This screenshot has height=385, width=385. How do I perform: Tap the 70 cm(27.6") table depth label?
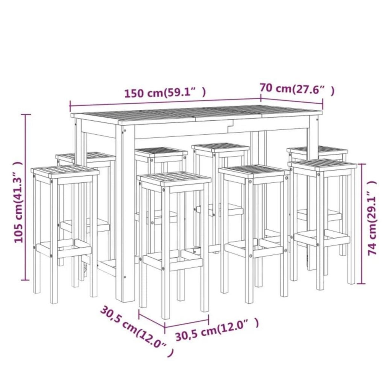[x=297, y=89]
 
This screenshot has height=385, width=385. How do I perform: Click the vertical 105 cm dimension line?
[x=27, y=197]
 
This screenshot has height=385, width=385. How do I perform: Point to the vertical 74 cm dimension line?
[x=362, y=224]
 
